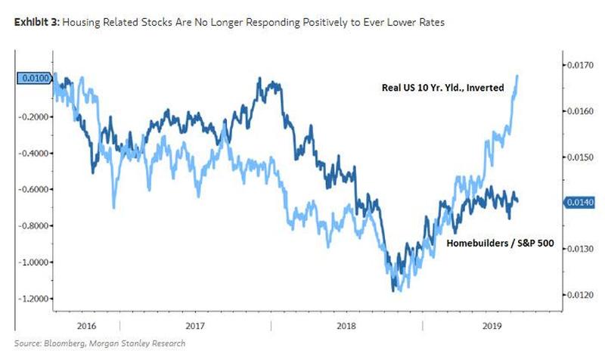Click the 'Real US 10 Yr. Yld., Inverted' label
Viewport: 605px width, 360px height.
tap(442, 88)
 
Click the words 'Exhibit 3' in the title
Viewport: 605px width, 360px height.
tap(36, 23)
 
